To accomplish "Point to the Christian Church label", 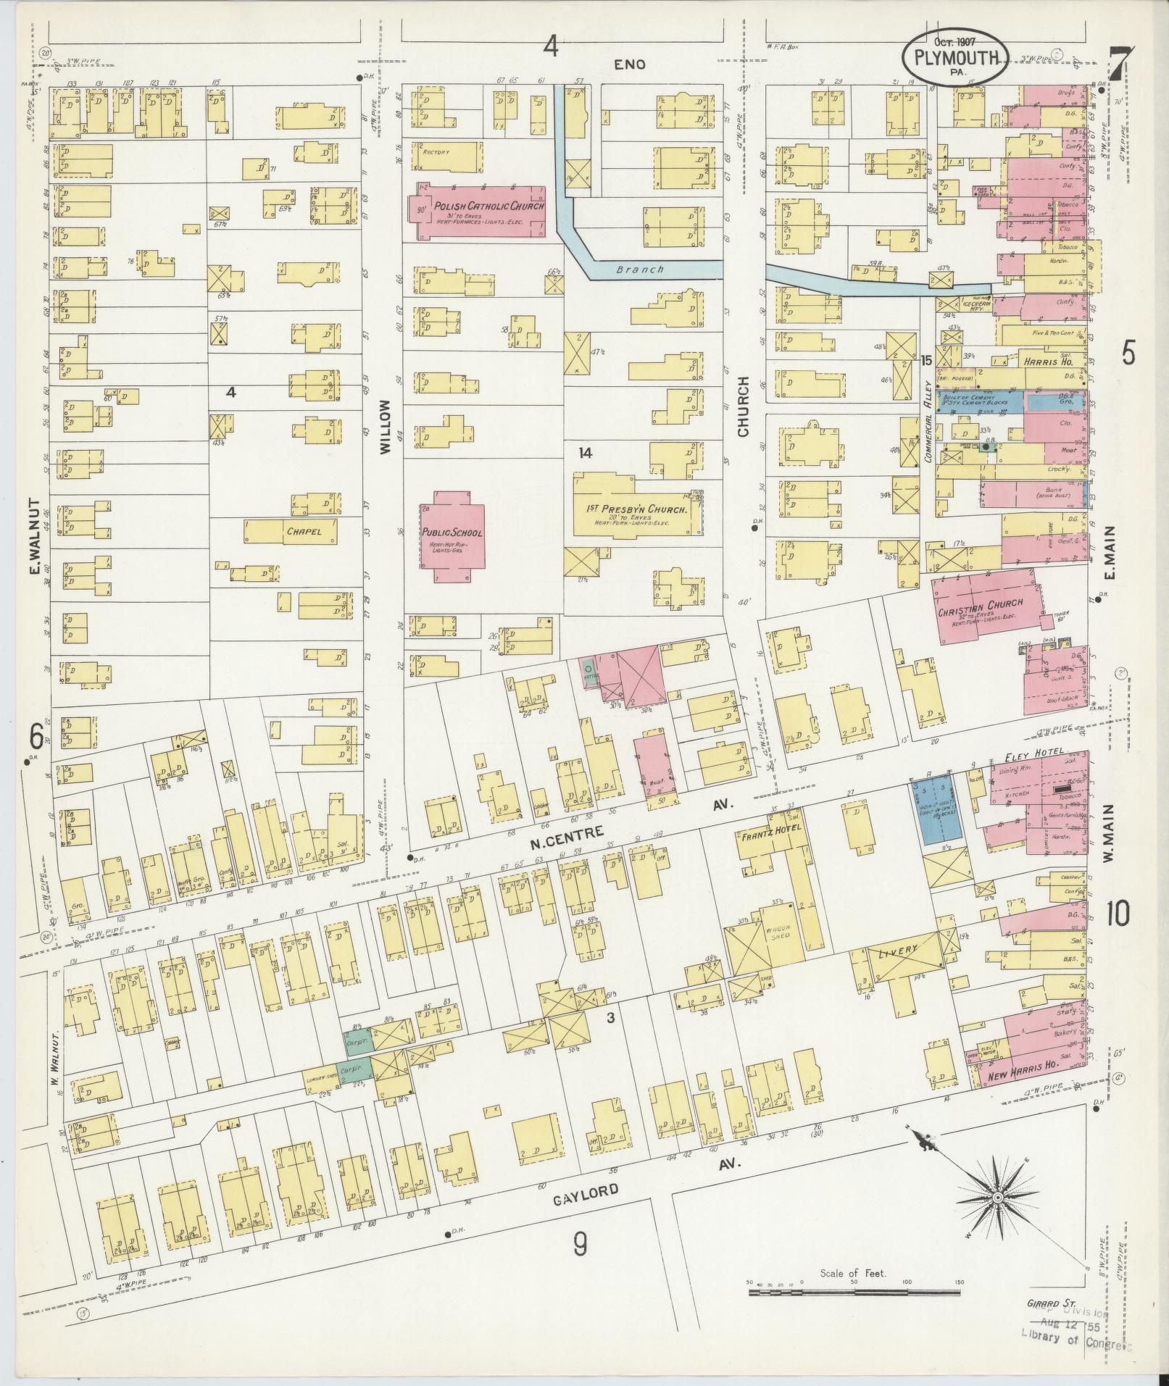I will pyautogui.click(x=981, y=604).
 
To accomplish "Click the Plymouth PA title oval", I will pyautogui.click(x=954, y=58).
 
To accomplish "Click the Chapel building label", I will pyautogui.click(x=303, y=531).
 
